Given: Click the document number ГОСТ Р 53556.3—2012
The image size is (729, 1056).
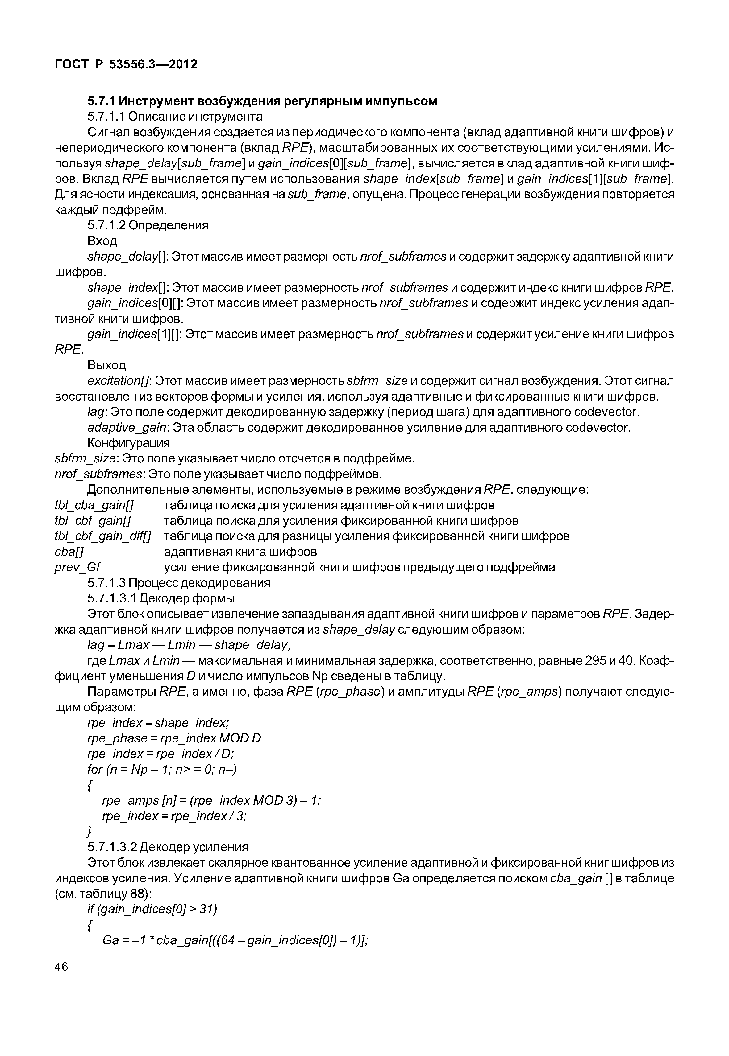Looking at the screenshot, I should pos(126,65).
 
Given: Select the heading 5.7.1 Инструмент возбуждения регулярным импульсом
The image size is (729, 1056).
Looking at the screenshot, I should pos(262,101).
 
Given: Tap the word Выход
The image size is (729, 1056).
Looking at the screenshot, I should pos(106,365).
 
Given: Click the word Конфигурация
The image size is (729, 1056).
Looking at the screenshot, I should pos(128,443).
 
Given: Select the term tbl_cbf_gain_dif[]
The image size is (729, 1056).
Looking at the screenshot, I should pos(103,536).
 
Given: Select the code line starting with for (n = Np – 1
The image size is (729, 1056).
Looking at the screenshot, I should pos(162,769).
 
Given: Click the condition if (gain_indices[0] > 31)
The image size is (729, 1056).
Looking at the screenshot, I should pos(152,909).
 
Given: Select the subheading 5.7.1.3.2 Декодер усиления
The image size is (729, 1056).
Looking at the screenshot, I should pos(168,847).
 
